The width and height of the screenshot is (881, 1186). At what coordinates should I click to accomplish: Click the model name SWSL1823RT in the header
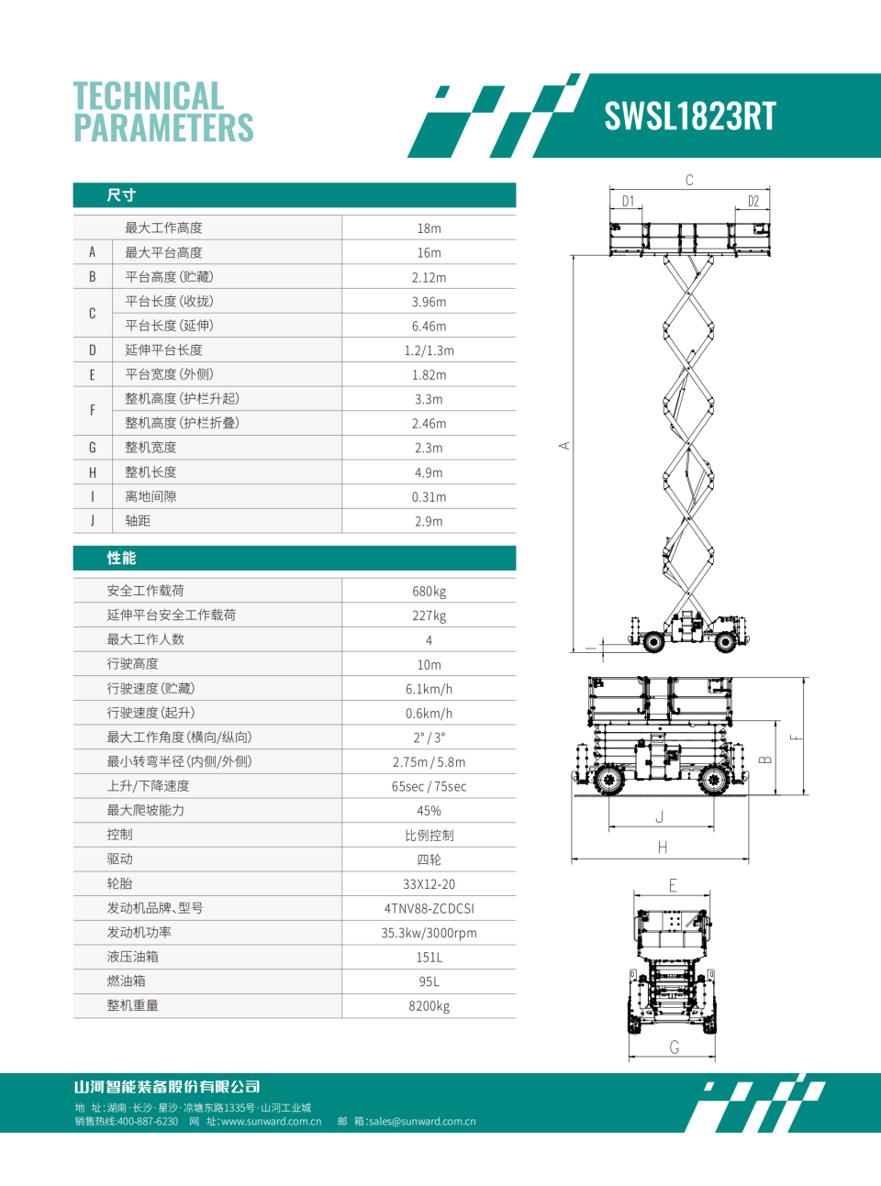[x=690, y=116]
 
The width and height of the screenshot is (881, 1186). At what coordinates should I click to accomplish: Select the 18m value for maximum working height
[x=429, y=228]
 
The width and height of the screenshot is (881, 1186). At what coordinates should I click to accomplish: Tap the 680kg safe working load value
[x=429, y=592]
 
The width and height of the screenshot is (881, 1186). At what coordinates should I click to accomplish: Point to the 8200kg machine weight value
[x=429, y=1006]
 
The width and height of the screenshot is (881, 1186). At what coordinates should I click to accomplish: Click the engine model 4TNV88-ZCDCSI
[x=429, y=909]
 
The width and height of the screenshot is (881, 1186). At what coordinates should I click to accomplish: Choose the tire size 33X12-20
[x=429, y=884]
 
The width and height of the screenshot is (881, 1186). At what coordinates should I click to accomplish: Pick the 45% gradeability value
[x=429, y=811]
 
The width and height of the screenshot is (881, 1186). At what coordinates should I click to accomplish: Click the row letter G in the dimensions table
[x=92, y=448]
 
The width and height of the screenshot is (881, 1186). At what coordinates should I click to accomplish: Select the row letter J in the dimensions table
[x=92, y=521]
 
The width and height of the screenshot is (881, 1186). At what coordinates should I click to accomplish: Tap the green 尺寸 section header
[x=121, y=195]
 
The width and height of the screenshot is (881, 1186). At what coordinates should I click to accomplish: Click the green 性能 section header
[x=121, y=559]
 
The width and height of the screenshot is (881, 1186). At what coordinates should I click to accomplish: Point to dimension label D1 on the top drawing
[x=628, y=202]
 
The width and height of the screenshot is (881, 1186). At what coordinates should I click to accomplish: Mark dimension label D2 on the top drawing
[x=753, y=202]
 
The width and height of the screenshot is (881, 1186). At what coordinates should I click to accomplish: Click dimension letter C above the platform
[x=689, y=181]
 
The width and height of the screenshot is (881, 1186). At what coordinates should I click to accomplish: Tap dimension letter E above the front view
[x=673, y=885]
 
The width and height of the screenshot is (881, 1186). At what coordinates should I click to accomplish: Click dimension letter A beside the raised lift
[x=564, y=446]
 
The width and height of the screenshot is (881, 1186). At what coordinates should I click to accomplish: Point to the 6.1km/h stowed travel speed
[x=429, y=689]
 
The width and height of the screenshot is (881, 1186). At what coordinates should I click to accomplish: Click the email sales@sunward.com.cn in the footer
[x=422, y=1121]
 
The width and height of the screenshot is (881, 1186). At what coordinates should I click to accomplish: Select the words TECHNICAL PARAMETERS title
[x=163, y=112]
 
